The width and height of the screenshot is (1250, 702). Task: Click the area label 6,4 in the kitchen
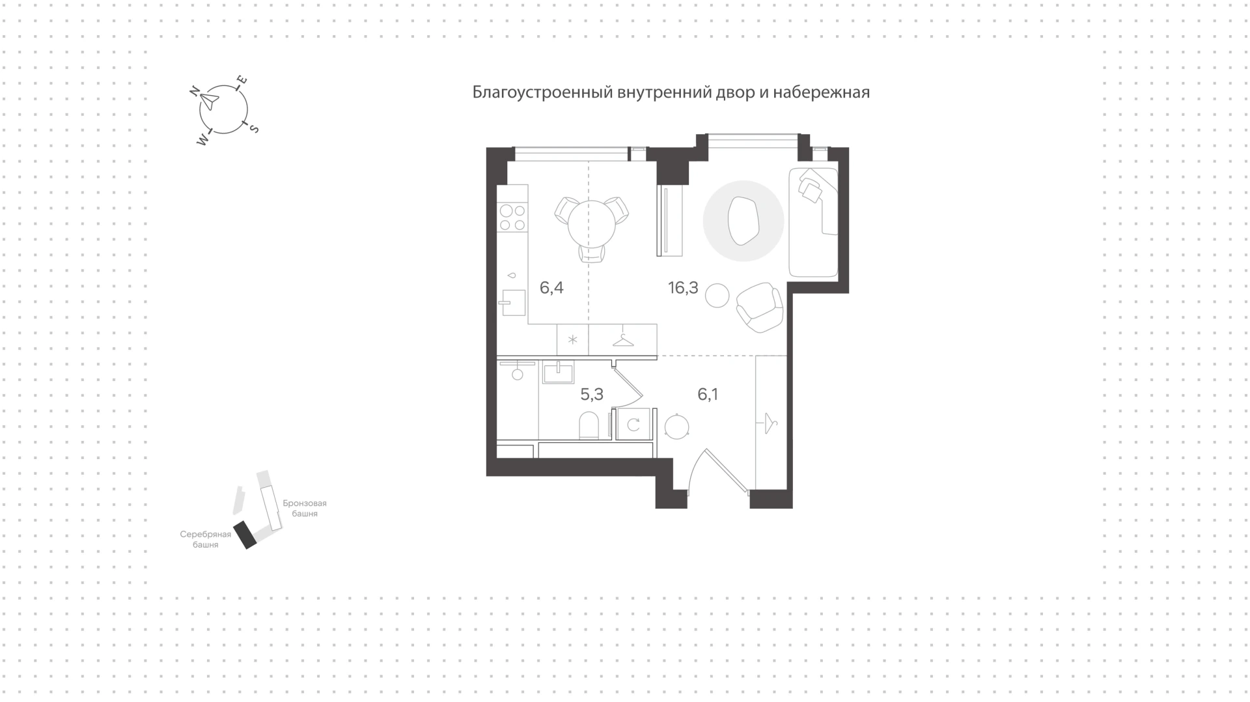click(x=551, y=288)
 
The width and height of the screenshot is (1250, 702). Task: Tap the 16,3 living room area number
click(x=683, y=288)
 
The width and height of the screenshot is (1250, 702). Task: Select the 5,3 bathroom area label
click(x=592, y=394)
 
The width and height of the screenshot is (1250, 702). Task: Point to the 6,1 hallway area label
click(x=708, y=394)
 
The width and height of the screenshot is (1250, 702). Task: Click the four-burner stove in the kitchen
click(x=512, y=218)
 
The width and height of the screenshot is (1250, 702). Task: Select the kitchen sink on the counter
click(x=514, y=303)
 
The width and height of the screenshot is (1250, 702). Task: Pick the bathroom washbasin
click(x=558, y=373)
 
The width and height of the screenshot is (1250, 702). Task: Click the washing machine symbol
click(x=633, y=425)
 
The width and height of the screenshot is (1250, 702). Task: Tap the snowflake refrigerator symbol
click(x=573, y=340)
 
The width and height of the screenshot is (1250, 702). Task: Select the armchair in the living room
click(x=759, y=307)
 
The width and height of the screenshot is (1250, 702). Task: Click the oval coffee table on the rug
click(x=743, y=221)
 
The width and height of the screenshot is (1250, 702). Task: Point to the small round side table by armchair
click(x=717, y=295)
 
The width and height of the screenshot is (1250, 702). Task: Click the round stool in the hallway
click(x=677, y=427)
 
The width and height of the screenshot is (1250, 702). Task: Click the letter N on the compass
click(x=194, y=92)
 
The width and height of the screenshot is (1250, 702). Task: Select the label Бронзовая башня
click(x=305, y=509)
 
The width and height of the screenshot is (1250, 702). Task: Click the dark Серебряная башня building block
click(x=246, y=535)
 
